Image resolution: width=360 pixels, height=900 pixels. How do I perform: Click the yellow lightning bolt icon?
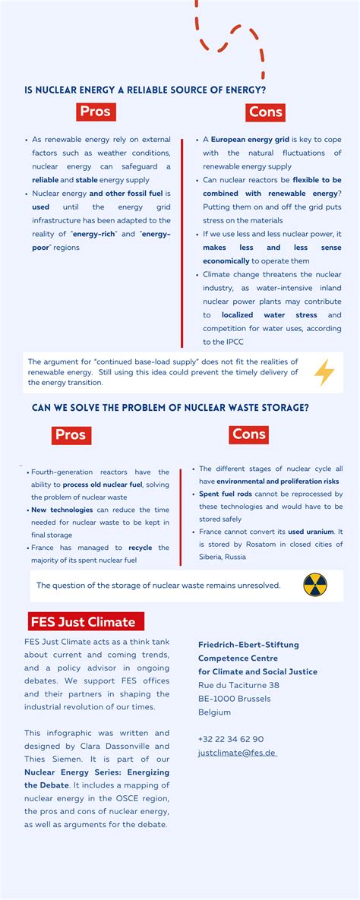click(324, 372)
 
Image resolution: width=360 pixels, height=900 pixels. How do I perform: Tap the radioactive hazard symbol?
click(315, 585)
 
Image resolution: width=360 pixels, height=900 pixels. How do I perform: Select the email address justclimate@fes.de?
click(237, 753)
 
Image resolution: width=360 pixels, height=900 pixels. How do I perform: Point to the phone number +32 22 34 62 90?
click(231, 739)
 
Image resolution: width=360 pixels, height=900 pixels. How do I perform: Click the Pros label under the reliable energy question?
click(96, 112)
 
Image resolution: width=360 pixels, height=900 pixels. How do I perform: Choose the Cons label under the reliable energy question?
click(266, 112)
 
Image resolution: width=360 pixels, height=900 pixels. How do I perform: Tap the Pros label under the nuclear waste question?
click(71, 435)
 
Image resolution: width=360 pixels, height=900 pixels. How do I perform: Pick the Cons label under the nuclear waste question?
click(248, 434)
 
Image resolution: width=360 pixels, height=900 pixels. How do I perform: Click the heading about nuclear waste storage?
click(170, 408)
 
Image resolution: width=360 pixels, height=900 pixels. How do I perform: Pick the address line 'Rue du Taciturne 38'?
click(238, 685)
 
